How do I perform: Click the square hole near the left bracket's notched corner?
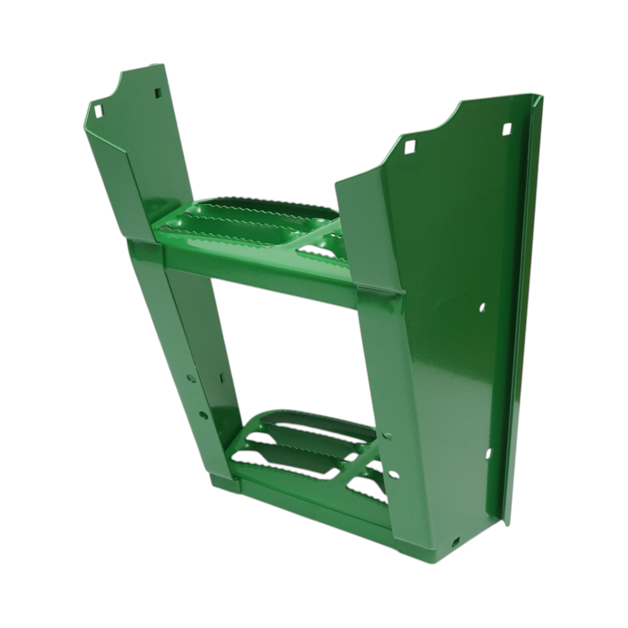98,111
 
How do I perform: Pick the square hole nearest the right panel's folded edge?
506,129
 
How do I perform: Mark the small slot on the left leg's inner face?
222,377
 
